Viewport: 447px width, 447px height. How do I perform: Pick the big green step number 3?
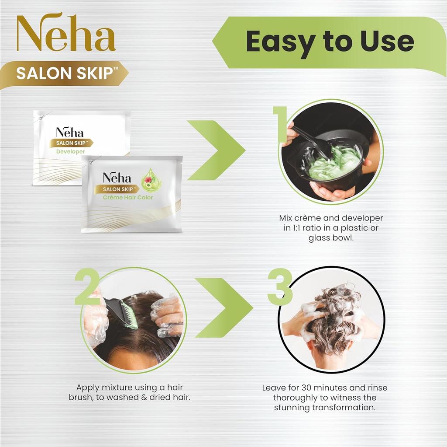280,286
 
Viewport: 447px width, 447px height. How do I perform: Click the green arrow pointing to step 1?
217,150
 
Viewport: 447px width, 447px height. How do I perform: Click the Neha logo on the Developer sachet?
69,133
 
